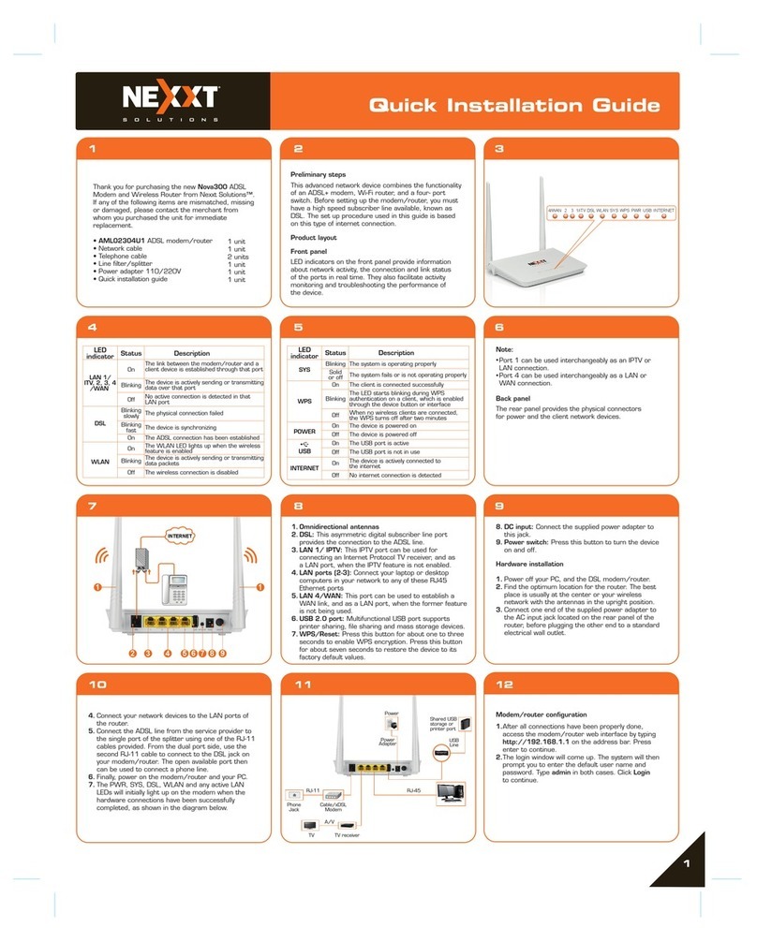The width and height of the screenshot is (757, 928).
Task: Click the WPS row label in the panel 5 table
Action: point(303,399)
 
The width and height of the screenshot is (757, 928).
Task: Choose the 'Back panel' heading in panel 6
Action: point(514,397)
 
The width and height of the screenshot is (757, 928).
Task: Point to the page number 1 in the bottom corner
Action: point(686,862)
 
